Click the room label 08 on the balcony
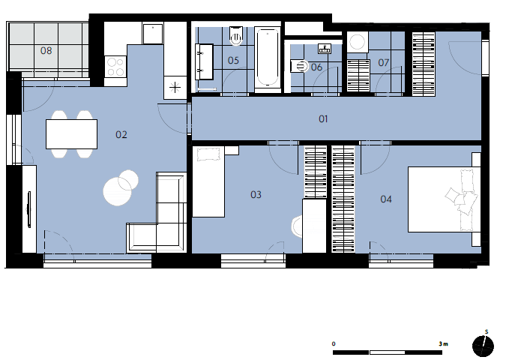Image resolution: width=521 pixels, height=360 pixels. (x=46, y=50)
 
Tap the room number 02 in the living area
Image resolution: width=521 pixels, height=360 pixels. (x=121, y=135)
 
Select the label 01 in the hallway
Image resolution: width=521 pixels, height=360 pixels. (x=323, y=118)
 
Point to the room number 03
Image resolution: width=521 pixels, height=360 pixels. (x=256, y=194)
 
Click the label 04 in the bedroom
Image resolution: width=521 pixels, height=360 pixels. (x=386, y=199)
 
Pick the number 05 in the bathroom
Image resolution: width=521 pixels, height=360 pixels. (x=233, y=60)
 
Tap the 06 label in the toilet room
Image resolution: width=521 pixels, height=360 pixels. (x=316, y=67)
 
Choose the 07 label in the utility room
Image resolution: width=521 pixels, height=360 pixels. (x=383, y=62)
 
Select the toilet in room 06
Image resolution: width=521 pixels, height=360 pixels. (x=299, y=66)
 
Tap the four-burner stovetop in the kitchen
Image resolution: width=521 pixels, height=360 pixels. (x=115, y=67)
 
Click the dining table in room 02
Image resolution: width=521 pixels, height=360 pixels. (x=71, y=134)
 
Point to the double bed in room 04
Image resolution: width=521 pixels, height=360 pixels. (x=445, y=199)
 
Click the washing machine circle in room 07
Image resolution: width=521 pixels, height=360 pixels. (x=358, y=42)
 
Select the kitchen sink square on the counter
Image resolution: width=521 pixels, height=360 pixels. (x=153, y=34)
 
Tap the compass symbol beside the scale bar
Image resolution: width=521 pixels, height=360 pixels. (x=483, y=346)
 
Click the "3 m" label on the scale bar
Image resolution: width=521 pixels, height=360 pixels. (x=443, y=343)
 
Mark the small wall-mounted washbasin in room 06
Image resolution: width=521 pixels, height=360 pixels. (x=325, y=49)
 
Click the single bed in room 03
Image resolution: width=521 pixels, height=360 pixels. (x=208, y=181)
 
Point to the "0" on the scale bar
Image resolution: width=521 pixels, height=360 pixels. (x=334, y=343)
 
